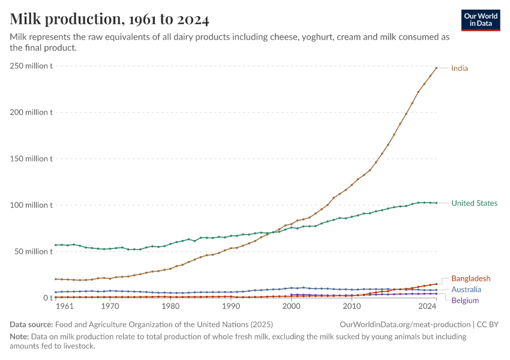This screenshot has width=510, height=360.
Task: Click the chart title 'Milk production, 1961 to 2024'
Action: tap(110, 19)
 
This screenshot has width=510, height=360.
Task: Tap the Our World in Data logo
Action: tap(481, 20)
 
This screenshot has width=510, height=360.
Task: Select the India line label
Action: tap(460, 68)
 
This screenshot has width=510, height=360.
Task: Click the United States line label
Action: tap(474, 203)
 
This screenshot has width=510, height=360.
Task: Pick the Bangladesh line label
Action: tap(470, 278)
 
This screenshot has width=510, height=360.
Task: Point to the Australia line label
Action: tap(466, 289)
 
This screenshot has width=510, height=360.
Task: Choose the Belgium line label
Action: tap(464, 300)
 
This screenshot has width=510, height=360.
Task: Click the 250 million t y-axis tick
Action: tap(31, 65)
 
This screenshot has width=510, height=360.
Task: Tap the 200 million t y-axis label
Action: tap(31, 112)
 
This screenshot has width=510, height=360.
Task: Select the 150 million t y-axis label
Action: tap(31, 158)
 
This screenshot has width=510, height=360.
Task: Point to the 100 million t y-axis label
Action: tap(31, 205)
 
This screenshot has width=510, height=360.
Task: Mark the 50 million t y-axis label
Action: tap(33, 251)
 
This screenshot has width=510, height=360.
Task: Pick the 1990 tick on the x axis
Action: tap(231, 307)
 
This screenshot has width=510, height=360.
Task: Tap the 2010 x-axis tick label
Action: tap(352, 307)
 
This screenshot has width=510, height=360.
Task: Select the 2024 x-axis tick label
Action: tap(428, 307)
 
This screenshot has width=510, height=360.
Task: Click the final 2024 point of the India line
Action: tap(436, 68)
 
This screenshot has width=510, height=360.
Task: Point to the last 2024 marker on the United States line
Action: tap(436, 203)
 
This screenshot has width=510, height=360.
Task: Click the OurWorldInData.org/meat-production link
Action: tap(406, 324)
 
